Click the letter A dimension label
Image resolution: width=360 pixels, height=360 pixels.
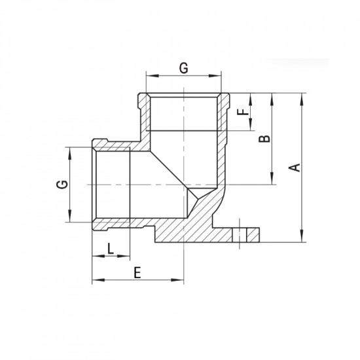tap(295, 167)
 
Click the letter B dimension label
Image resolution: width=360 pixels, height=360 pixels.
tap(264, 139)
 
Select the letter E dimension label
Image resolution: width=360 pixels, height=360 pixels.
tap(137, 274)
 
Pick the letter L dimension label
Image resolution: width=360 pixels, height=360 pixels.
tap(111, 248)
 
